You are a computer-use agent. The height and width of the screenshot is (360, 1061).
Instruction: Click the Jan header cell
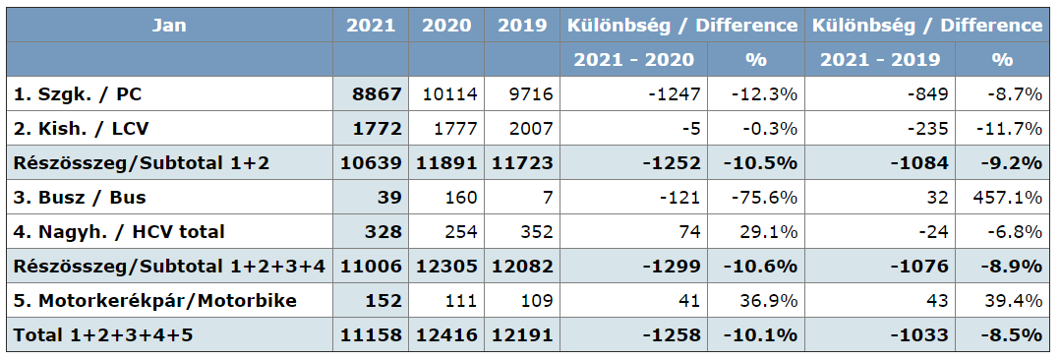click(x=169, y=26)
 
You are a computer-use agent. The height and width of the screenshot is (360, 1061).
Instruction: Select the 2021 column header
click(x=371, y=26)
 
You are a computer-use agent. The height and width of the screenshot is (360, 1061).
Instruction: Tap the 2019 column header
click(x=522, y=26)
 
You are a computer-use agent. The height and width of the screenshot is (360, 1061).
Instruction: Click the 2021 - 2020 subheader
click(x=634, y=60)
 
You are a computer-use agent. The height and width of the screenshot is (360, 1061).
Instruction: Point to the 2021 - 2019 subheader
click(x=880, y=60)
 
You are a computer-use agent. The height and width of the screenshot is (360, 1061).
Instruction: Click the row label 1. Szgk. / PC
click(x=78, y=94)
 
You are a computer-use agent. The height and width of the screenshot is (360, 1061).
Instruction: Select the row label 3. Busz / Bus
click(x=80, y=198)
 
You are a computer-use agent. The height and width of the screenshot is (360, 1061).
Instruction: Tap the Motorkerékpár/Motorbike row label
click(x=155, y=301)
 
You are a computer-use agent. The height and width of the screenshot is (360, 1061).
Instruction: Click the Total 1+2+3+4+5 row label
click(x=106, y=335)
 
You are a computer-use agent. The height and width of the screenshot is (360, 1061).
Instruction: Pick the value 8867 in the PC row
click(x=377, y=94)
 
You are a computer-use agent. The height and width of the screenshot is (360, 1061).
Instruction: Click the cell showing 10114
click(x=450, y=94)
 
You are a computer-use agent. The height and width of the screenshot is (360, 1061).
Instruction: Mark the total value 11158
click(x=371, y=335)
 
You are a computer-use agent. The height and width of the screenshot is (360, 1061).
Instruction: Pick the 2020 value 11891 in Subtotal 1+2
click(x=446, y=163)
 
